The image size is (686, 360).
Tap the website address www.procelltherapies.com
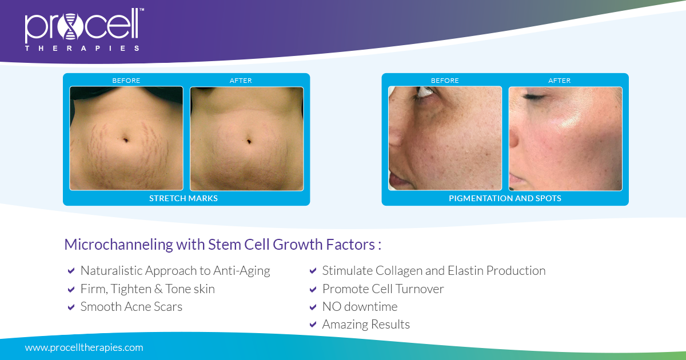pyautogui.click(x=84, y=347)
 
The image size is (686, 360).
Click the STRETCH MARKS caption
pyautogui.click(x=184, y=198)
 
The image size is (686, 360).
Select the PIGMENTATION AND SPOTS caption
pyautogui.click(x=505, y=198)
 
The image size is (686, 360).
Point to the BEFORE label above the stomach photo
pyautogui.click(x=126, y=81)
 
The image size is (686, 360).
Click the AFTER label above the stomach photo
pyautogui.click(x=241, y=81)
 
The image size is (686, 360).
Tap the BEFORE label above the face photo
pyautogui.click(x=445, y=81)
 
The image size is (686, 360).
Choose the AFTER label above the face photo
pyautogui.click(x=559, y=81)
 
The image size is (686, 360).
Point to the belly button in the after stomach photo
pyautogui.click(x=249, y=140)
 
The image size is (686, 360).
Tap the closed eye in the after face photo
pyautogui.click(x=534, y=98)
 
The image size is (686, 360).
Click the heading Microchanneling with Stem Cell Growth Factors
pyautogui.click(x=222, y=245)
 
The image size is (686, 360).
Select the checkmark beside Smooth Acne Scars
pyautogui.click(x=71, y=307)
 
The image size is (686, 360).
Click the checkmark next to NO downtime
pyautogui.click(x=313, y=307)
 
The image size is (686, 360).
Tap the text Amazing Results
pyautogui.click(x=366, y=325)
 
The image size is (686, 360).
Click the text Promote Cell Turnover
pyautogui.click(x=383, y=289)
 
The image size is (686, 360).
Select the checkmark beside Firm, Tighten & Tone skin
pyautogui.click(x=71, y=289)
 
